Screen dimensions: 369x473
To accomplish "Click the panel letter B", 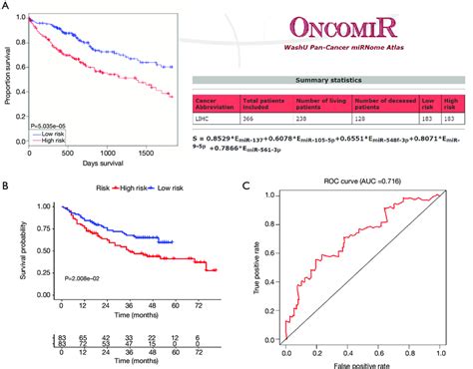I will coord(7,184).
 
